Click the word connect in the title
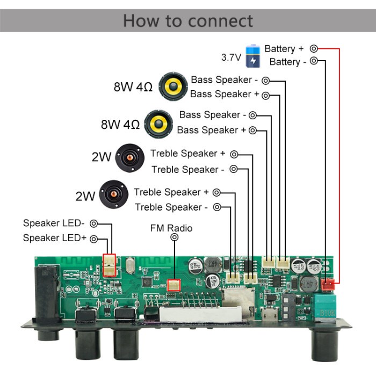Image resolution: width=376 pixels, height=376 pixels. click(x=221, y=20)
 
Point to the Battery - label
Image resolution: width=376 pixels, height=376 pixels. click(x=292, y=62)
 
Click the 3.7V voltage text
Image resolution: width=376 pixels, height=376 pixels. click(x=231, y=56)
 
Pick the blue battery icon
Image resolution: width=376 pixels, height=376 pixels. click(x=252, y=56)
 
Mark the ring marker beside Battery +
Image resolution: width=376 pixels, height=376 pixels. click(x=314, y=49)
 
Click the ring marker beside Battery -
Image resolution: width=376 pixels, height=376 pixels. click(x=314, y=61)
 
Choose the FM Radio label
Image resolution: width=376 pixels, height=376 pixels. click(x=171, y=228)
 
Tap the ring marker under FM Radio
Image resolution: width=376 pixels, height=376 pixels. click(x=174, y=237)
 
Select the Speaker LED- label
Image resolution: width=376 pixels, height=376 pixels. click(x=54, y=223)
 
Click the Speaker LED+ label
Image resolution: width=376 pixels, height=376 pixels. click(x=55, y=238)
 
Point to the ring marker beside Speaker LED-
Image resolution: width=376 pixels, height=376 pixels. click(x=94, y=223)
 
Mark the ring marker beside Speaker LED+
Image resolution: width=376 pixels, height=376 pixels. click(x=94, y=238)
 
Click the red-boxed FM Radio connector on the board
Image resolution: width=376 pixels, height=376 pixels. click(x=174, y=285)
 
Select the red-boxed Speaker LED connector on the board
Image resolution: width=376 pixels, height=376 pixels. click(x=109, y=265)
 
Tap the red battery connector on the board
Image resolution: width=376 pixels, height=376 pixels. click(x=328, y=284)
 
